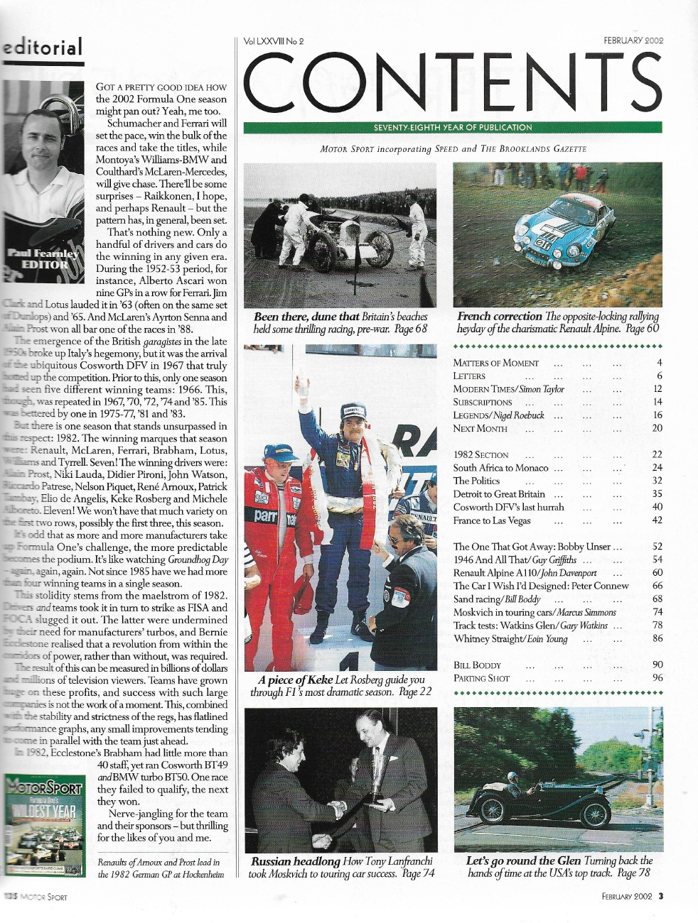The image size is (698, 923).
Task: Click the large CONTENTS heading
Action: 453,84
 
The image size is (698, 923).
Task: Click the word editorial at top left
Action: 43,48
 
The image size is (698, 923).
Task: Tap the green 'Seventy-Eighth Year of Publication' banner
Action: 453,128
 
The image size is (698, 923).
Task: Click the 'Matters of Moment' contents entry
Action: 496,363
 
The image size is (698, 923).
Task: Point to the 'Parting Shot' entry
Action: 481,678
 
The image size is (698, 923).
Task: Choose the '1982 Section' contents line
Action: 481,454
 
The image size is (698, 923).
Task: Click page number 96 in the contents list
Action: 657,678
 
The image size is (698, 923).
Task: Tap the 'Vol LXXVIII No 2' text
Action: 274,41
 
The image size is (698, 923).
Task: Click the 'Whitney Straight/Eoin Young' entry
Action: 510,638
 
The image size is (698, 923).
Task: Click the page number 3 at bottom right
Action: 660,896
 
